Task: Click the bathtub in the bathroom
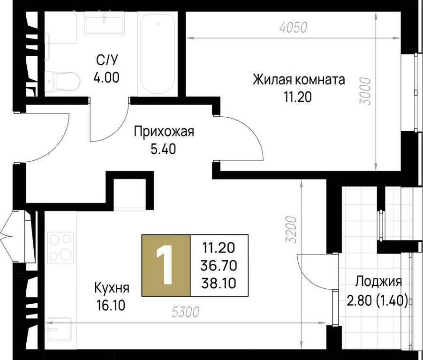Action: point(158,54)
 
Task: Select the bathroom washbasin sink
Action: point(105,24)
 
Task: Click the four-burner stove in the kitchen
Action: point(60,247)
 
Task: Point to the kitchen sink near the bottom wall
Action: point(60,330)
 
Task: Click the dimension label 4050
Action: point(294,28)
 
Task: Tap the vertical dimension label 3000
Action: point(365,91)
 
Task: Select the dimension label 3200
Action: point(292,230)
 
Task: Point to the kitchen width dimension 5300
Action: point(186,312)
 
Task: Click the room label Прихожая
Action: point(164,132)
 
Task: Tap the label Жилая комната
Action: point(299,80)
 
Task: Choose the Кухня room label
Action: point(112,288)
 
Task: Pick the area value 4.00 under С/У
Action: point(106,78)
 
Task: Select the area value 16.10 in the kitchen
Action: point(111,306)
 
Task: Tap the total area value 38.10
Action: point(219,284)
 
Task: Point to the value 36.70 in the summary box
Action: point(219,266)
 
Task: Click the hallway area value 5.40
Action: point(163,149)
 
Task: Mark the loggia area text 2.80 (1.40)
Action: point(377,300)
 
